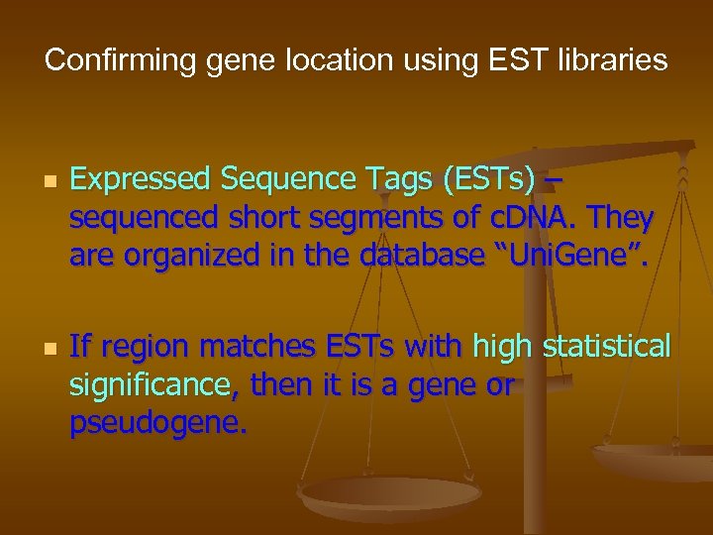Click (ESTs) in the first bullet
tap(479, 179)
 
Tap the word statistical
tap(604, 346)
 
